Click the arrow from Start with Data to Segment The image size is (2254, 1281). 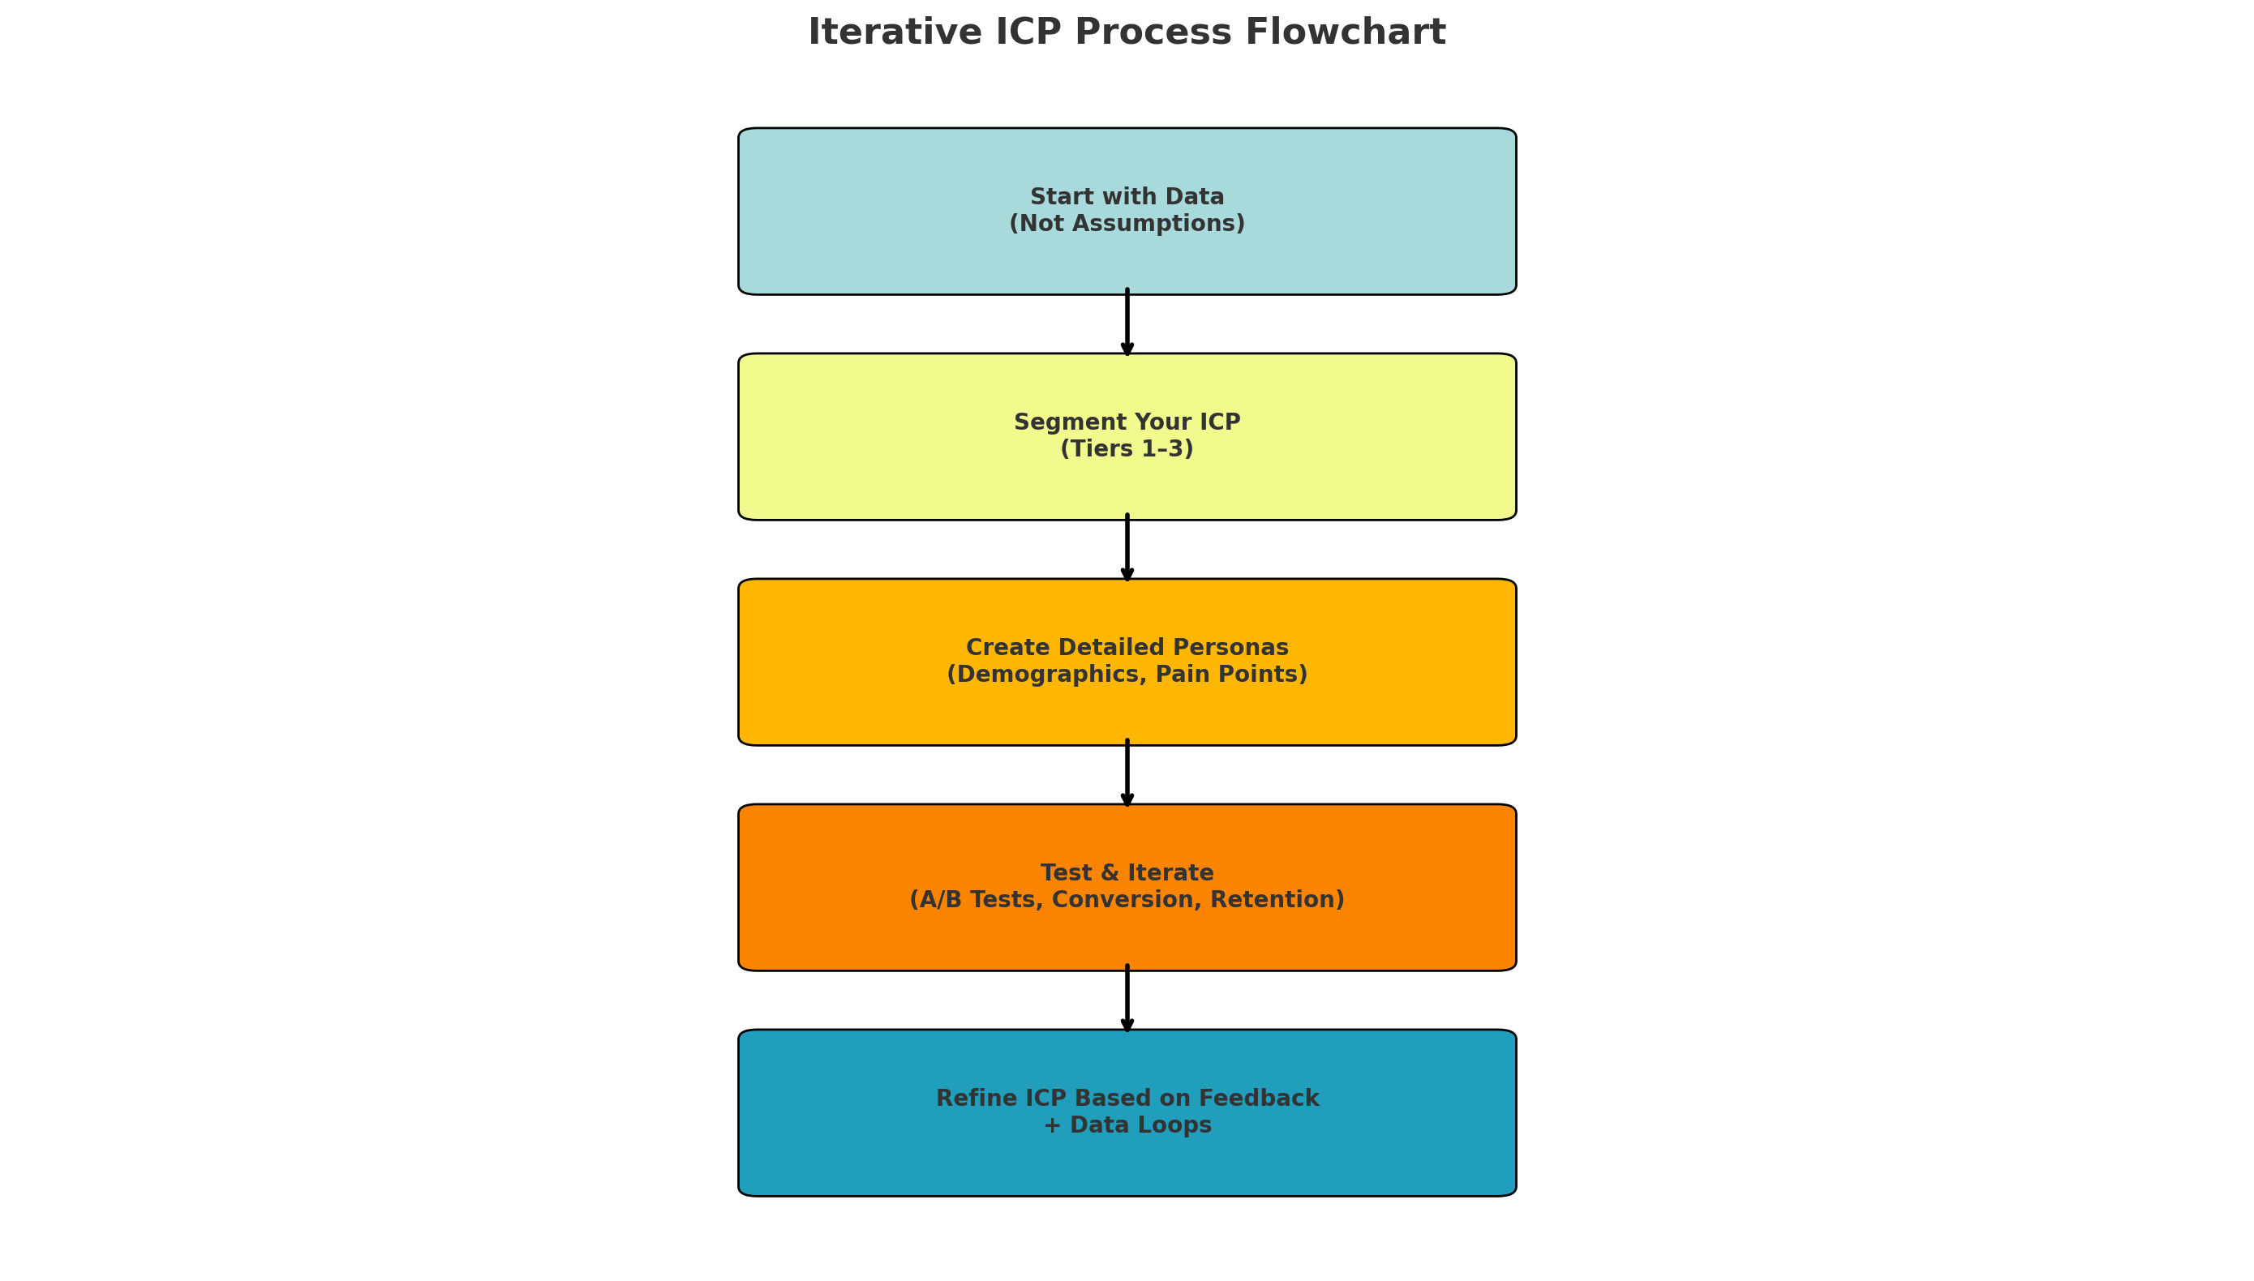pos(1127,323)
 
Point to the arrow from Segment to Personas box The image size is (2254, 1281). pos(1127,548)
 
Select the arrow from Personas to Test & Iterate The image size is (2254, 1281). pos(1127,773)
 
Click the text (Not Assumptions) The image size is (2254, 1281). pos(1127,224)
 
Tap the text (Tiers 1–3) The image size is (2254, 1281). pos(1127,448)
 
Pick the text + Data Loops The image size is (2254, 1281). pos(1127,1125)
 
